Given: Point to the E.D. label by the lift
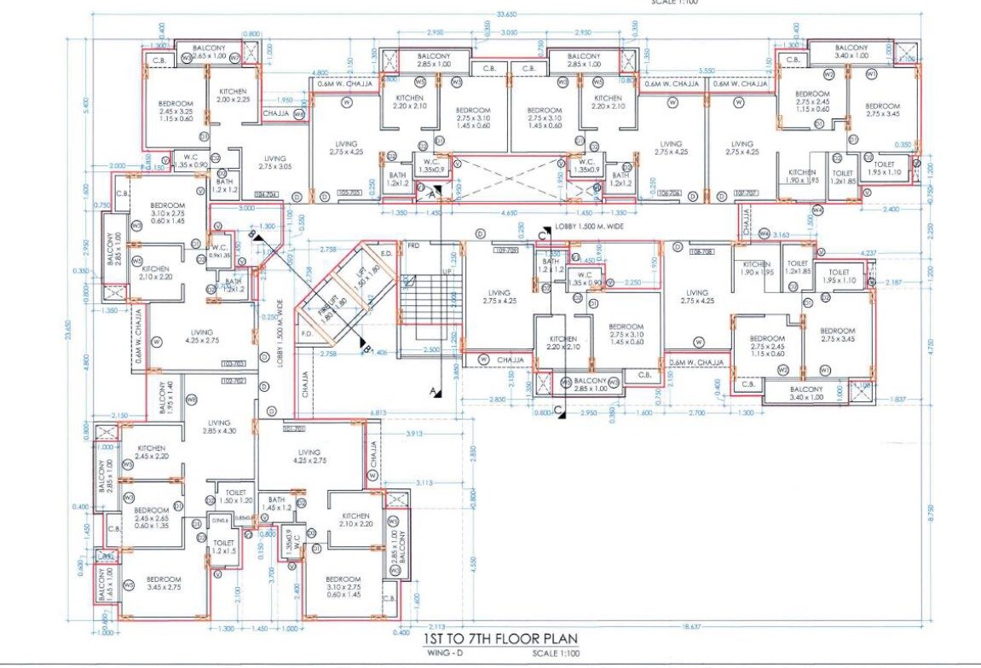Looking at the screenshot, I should [385, 253].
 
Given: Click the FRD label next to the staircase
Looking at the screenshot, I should [414, 246].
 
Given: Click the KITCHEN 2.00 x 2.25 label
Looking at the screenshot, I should [233, 95].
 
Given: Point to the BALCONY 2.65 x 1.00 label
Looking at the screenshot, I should [208, 52].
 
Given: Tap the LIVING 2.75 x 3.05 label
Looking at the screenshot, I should [274, 163].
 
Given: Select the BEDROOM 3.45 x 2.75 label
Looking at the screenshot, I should [163, 582].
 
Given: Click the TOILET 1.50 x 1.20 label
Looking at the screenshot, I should [236, 497].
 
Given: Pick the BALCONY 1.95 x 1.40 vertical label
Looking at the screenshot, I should [167, 398].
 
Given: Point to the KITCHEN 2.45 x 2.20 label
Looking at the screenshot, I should [152, 452].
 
